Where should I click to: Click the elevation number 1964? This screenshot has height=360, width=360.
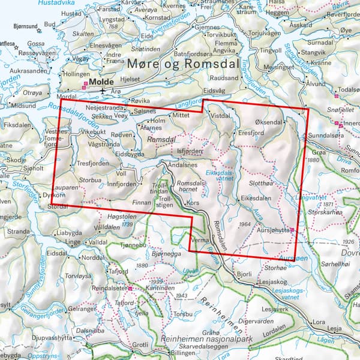point(244,224)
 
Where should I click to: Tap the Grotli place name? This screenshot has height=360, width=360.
point(140,345)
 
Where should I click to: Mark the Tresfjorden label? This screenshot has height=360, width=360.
point(91,163)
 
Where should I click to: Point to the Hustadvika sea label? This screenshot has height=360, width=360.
point(54,3)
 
